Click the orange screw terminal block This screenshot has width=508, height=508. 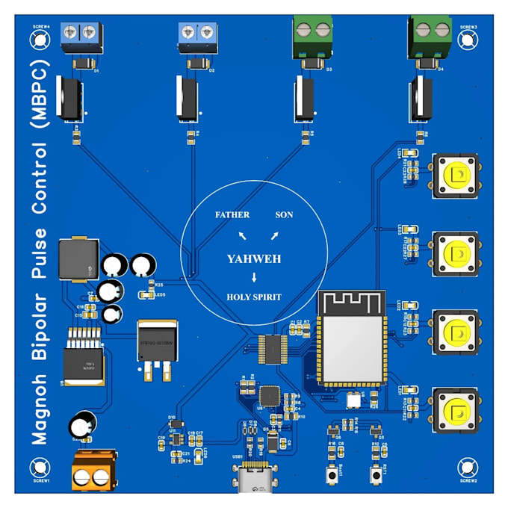(x=94, y=470)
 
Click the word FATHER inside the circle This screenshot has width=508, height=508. (x=232, y=215)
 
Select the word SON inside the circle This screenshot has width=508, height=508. (x=284, y=215)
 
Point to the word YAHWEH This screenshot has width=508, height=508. (x=254, y=258)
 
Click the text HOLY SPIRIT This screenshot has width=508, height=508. (x=254, y=297)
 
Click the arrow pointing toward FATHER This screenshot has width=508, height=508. (x=242, y=237)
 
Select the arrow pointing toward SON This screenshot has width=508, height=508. (x=274, y=237)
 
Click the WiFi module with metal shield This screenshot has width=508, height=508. (x=352, y=336)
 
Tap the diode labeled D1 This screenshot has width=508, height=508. (x=81, y=65)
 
